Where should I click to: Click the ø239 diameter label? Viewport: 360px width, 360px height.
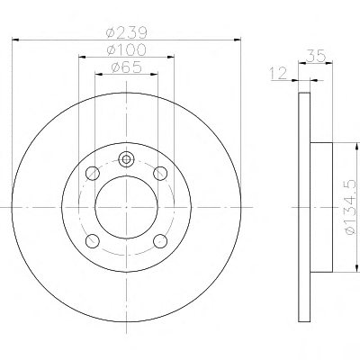pos(127,32)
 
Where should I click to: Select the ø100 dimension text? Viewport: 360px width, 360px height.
pos(127,49)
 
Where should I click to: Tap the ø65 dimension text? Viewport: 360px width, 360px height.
pos(126,67)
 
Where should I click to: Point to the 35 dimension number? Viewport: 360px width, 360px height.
pos(316,56)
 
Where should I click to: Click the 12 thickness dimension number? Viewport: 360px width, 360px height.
pos(279,74)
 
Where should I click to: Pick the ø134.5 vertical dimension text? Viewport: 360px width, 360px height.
pos(350,207)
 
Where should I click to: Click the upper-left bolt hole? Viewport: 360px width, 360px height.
pos(93,174)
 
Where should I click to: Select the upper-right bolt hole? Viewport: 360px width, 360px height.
pos(160,174)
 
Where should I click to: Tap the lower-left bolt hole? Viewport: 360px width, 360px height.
pos(93,240)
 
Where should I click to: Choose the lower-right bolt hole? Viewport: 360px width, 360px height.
pos(160,240)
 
